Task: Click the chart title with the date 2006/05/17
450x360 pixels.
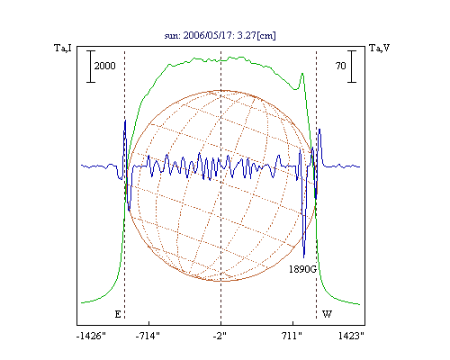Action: coord(220,35)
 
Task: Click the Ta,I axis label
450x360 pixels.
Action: coord(63,48)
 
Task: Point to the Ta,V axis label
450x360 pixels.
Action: coord(380,48)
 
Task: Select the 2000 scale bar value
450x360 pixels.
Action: coord(104,66)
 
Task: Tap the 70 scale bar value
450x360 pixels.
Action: coord(340,66)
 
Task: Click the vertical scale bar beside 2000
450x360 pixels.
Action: coord(91,67)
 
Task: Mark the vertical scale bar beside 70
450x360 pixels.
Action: coord(352,67)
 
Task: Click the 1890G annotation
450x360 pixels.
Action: coord(302,269)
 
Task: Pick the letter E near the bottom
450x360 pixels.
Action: coord(118,314)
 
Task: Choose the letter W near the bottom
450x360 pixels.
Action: coord(327,314)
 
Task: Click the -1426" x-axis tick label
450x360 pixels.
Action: coord(91,336)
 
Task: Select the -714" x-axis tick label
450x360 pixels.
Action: coord(148,336)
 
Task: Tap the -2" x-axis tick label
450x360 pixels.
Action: coord(220,336)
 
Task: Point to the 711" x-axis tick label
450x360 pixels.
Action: coord(292,336)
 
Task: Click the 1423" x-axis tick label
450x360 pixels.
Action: coord(351,336)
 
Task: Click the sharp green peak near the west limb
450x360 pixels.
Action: coord(302,74)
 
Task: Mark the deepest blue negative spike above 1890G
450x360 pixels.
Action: coord(304,257)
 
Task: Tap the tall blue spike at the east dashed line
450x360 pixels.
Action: coord(125,121)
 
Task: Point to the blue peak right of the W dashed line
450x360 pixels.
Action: coord(319,130)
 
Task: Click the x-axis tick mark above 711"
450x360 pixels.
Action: coord(293,323)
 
